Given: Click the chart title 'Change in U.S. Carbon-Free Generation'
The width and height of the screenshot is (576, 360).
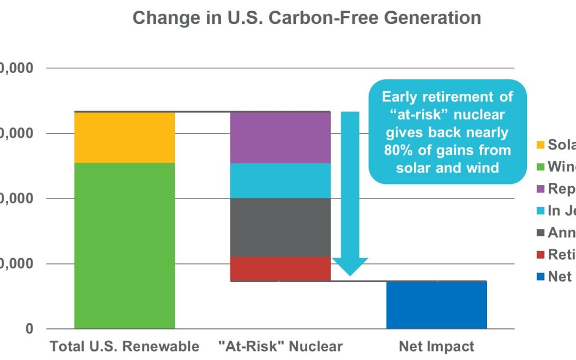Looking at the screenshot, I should point(307,18).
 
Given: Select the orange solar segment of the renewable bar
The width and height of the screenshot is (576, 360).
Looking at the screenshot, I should point(124,137).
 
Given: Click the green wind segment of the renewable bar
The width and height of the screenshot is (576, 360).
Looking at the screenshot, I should point(124,245).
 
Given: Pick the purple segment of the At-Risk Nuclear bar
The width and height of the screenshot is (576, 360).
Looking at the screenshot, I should point(280,137).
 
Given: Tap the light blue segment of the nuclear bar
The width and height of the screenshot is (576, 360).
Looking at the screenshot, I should point(280,180).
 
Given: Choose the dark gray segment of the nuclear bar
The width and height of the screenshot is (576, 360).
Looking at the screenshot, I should point(280,227).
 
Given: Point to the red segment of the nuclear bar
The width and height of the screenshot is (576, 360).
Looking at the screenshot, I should point(280,268).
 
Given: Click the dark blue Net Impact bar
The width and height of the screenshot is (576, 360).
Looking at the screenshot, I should point(436,305).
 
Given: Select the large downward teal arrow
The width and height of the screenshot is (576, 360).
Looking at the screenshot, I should point(350,197).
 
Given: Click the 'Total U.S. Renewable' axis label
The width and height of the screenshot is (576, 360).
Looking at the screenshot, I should point(124,347).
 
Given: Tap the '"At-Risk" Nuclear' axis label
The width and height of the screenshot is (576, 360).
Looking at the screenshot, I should point(280,347).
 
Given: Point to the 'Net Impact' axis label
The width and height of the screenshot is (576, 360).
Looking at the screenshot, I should point(436,347).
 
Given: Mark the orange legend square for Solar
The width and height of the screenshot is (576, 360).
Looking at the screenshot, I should point(540,145).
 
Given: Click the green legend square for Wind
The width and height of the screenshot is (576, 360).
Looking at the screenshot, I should point(540,167).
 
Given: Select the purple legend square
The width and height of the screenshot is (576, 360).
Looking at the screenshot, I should point(540,189).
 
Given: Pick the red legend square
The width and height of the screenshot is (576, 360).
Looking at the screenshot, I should point(540,255).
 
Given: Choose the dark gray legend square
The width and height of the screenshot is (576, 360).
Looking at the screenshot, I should point(540,233).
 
